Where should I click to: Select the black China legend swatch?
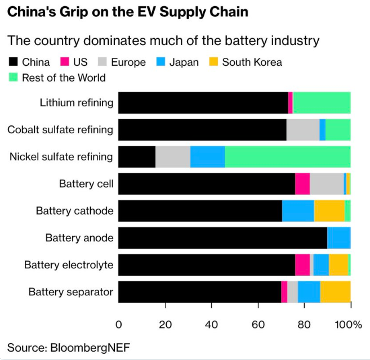coord(14,62)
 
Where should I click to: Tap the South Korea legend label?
coord(252,62)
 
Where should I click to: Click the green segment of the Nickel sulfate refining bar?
coord(287,156)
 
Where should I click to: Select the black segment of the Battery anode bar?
coord(222,238)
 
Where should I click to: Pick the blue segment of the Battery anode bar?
coord(338,238)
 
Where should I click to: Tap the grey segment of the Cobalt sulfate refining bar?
coord(303,130)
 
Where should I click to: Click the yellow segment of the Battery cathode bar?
coord(329,211)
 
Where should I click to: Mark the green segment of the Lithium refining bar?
coord(322,103)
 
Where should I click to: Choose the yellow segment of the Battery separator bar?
coord(335,292)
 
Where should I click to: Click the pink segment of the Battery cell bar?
coord(302,184)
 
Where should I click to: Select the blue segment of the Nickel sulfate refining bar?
coord(207,156)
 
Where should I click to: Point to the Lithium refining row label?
coord(76,103)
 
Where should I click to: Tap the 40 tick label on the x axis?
coord(212,325)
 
